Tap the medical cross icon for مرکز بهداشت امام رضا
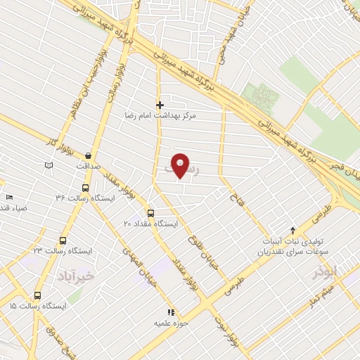point(160,105)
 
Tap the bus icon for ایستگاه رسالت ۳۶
point(85,188)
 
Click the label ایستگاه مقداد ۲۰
point(150,223)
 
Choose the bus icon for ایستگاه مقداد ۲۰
point(150,212)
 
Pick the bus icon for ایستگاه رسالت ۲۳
point(63,240)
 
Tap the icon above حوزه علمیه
point(169,312)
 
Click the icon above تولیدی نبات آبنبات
point(294,230)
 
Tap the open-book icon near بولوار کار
point(48,165)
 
